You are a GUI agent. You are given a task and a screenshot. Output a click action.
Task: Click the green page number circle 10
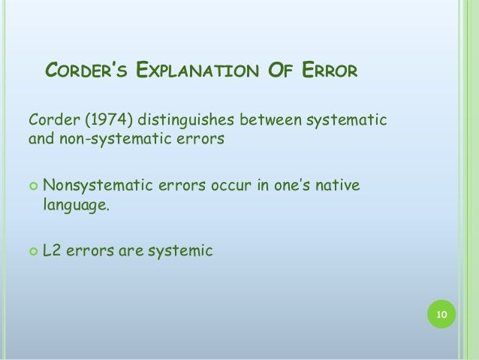click(x=441, y=314)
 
